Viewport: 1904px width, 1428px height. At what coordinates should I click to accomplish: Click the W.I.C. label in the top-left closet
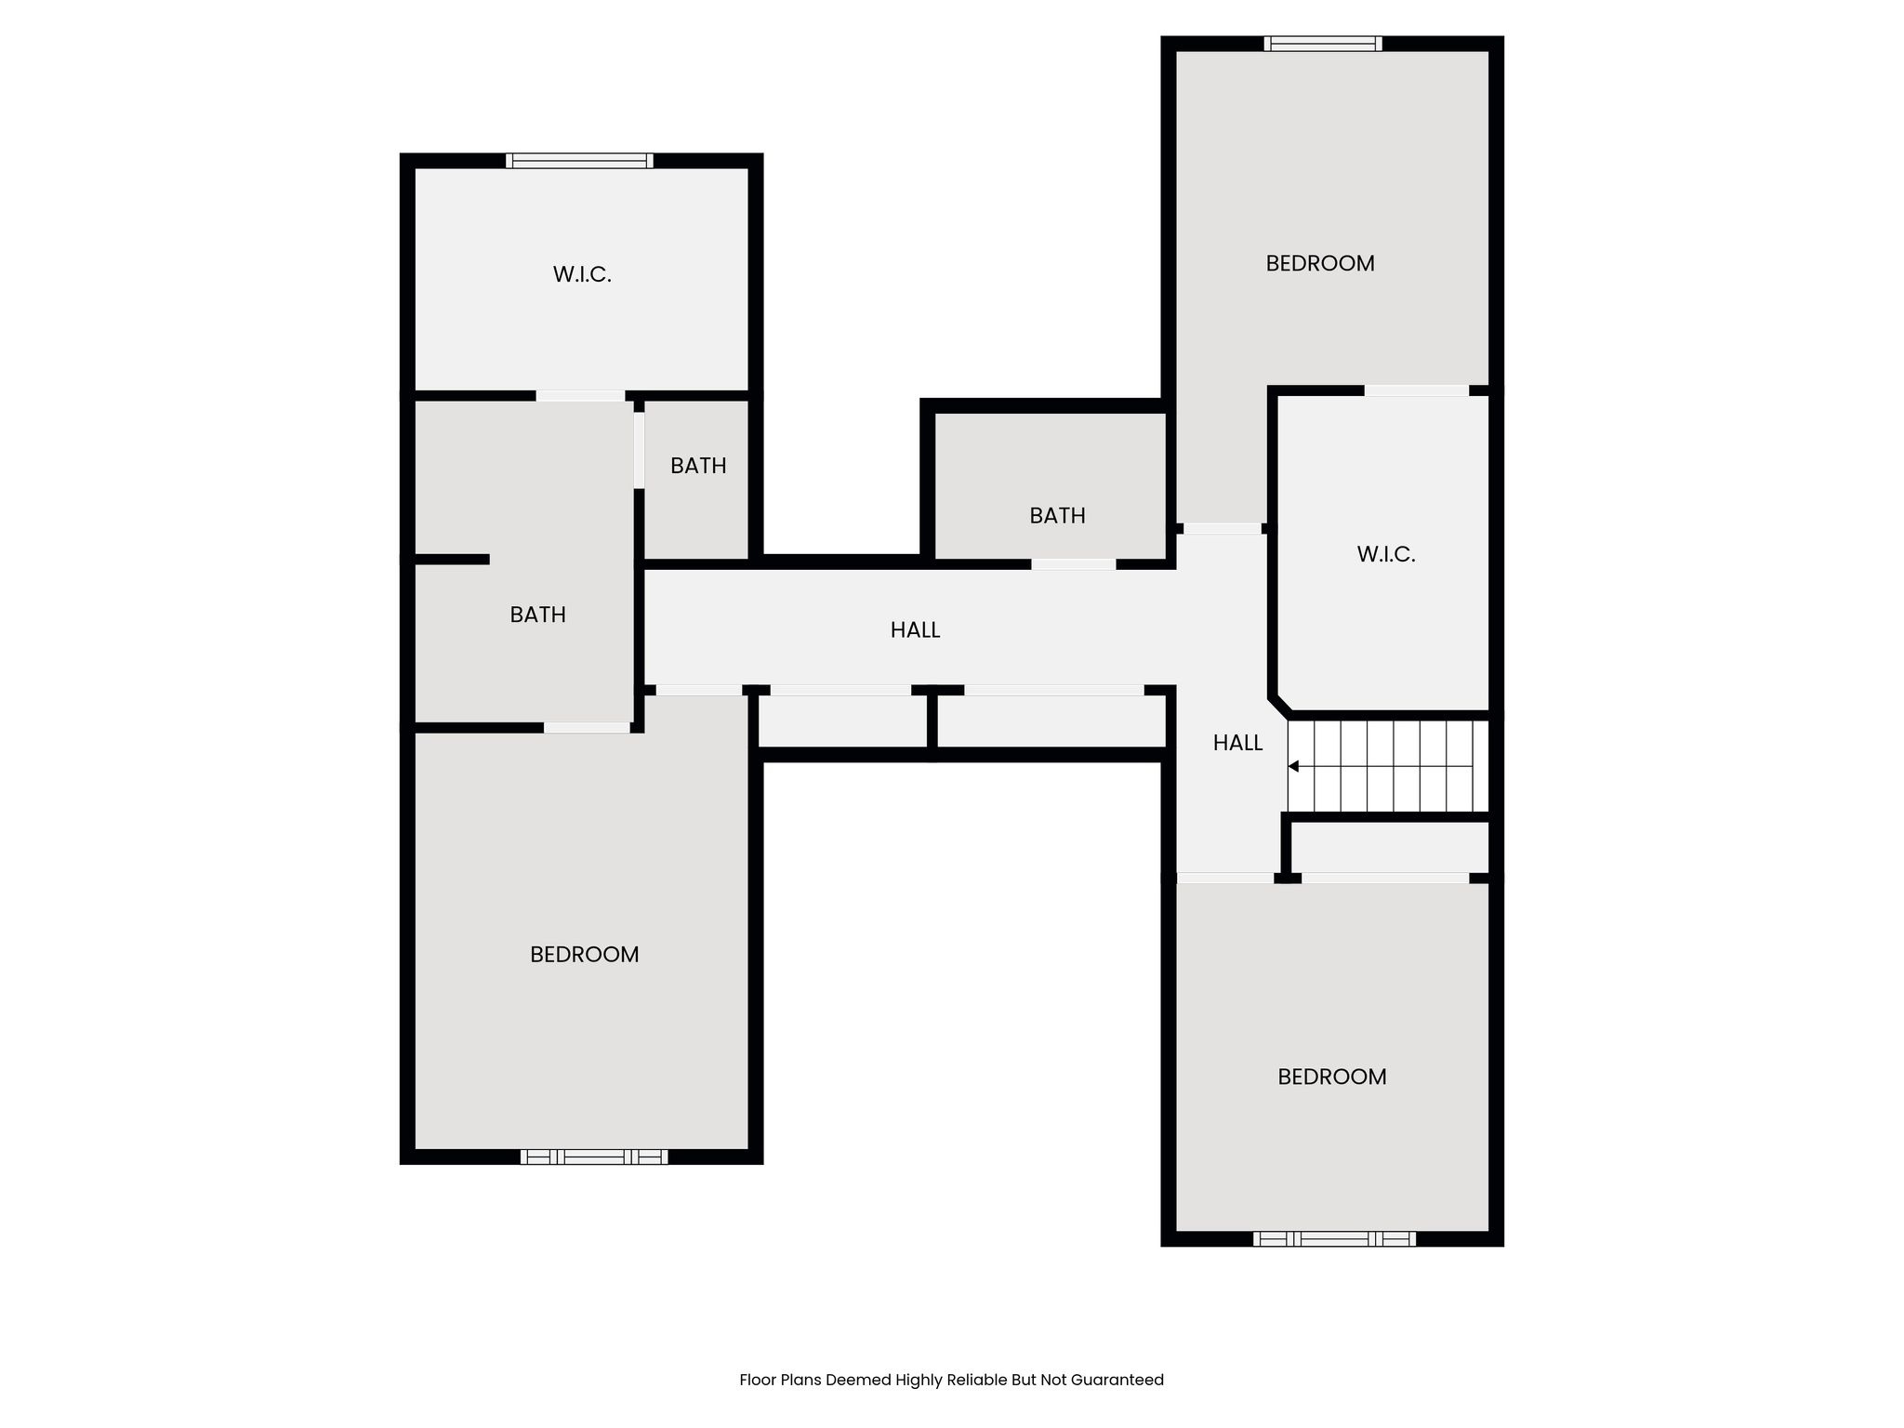point(582,274)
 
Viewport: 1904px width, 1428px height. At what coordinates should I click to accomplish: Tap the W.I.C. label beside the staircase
point(1385,555)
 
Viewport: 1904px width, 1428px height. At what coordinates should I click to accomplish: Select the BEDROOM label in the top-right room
point(1319,263)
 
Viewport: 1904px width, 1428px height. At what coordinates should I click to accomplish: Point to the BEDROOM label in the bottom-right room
point(1331,1077)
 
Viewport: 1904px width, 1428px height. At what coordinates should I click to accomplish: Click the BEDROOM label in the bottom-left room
point(584,955)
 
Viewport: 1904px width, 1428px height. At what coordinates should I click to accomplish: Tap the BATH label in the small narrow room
point(698,466)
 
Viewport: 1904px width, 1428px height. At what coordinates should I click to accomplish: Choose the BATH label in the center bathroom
point(1057,516)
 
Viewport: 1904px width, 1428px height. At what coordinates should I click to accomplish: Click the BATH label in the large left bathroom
point(537,615)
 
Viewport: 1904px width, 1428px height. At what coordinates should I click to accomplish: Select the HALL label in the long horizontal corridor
point(915,630)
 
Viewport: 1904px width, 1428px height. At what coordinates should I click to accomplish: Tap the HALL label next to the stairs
point(1237,743)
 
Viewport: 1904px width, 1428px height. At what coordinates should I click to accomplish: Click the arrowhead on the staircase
point(1293,766)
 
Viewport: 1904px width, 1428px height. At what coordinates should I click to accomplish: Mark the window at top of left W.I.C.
point(579,161)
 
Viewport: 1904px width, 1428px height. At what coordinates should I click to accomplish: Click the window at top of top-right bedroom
point(1322,44)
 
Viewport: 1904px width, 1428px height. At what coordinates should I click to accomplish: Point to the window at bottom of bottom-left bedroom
point(593,1157)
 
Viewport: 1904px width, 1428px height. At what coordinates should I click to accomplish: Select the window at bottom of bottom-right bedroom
point(1334,1238)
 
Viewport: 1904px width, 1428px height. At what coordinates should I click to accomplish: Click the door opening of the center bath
point(1073,564)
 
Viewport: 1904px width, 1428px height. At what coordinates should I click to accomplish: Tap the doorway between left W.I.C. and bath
point(580,396)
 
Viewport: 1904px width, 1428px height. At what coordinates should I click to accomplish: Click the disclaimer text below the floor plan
point(951,1380)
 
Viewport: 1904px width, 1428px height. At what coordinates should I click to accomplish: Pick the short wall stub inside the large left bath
point(451,560)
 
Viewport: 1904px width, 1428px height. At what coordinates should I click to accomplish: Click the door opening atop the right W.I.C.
point(1416,391)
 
